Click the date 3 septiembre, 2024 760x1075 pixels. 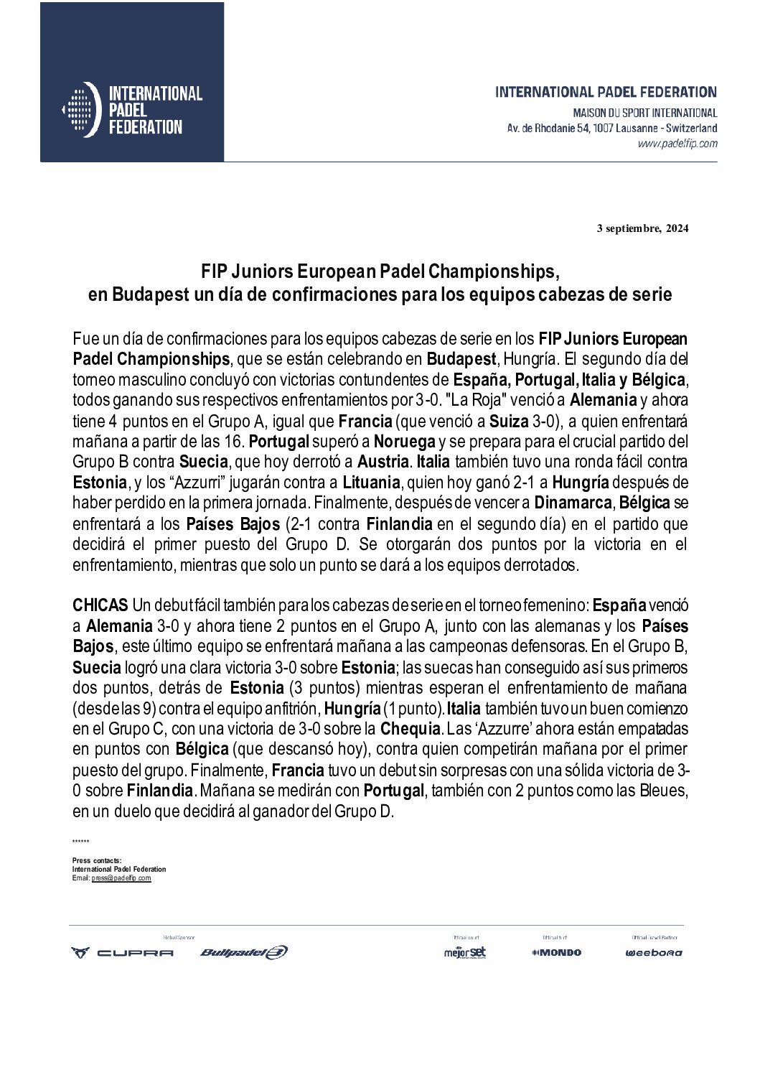point(642,229)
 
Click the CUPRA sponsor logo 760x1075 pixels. point(122,953)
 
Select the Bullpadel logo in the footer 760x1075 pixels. point(243,953)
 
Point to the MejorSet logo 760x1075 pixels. point(465,952)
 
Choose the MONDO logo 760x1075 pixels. point(556,953)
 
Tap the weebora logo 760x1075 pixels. point(654,953)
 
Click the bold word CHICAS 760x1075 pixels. point(100,605)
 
